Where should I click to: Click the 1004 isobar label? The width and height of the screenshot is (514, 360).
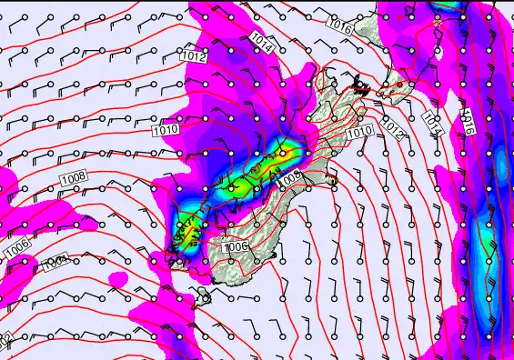coord(56,262)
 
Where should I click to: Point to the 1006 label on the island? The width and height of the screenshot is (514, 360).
coord(235,246)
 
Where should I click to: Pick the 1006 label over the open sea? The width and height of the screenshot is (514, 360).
coord(16,246)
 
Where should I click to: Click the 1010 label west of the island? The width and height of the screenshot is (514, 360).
coord(166,131)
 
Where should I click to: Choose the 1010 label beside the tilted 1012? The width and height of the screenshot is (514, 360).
coord(360,131)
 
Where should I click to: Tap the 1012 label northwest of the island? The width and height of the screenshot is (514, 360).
coord(193,56)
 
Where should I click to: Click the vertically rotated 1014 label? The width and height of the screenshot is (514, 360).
coord(432,124)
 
